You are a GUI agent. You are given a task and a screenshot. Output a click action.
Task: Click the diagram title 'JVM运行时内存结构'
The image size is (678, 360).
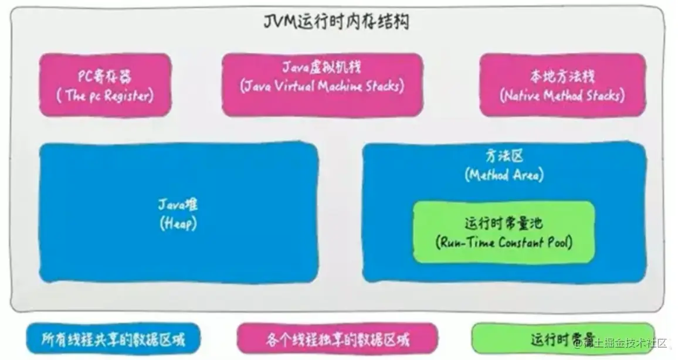tap(336, 23)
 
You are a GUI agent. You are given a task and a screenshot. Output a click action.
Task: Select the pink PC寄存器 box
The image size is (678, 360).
tap(106, 85)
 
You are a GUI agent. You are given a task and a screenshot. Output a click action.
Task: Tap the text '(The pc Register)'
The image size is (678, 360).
tap(106, 96)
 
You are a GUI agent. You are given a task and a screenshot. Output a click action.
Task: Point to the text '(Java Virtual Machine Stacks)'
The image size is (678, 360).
tap(322, 86)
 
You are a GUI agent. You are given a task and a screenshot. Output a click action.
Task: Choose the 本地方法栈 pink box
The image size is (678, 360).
tap(562, 85)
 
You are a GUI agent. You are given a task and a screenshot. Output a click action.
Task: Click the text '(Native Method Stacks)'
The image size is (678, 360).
tap(562, 96)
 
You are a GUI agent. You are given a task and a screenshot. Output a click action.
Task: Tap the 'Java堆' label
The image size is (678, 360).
tap(178, 205)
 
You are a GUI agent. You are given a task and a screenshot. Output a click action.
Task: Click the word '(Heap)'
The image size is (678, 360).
tap(177, 223)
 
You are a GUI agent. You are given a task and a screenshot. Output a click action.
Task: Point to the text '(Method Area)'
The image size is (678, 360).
tap(504, 175)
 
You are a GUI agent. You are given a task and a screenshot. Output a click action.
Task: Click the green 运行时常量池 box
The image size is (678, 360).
tap(504, 232)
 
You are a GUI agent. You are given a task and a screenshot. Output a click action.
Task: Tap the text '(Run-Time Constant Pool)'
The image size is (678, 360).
tap(504, 242)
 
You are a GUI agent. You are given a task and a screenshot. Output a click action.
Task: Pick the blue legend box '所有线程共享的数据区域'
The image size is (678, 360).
tap(113, 339)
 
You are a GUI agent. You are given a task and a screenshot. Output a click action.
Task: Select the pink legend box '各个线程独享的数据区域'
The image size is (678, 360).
tap(337, 339)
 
